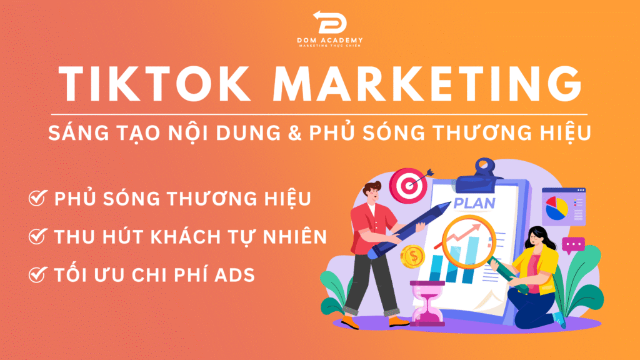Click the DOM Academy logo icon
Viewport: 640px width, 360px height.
(x=330, y=22)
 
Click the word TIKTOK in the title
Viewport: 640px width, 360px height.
(x=155, y=84)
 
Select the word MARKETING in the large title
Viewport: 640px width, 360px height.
(x=427, y=84)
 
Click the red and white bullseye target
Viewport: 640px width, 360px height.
(x=408, y=186)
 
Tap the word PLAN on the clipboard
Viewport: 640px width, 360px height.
(x=474, y=203)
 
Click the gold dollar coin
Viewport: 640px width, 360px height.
(x=412, y=257)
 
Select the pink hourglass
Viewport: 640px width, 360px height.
(x=427, y=303)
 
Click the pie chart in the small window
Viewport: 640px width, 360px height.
(x=556, y=208)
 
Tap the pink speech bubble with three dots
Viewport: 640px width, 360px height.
(x=573, y=245)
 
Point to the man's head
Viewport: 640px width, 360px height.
(x=372, y=194)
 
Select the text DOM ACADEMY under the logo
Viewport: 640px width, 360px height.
(x=330, y=40)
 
